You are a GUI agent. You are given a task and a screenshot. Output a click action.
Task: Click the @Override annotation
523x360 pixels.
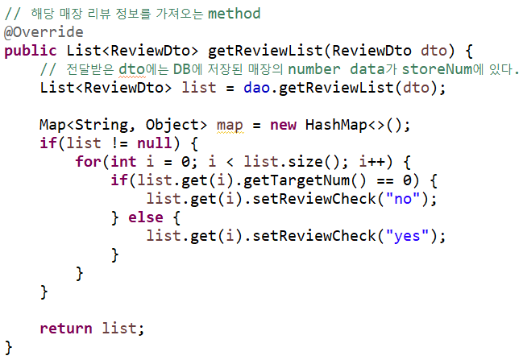click(x=44, y=32)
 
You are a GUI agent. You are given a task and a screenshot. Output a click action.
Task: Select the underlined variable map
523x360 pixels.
click(x=230, y=125)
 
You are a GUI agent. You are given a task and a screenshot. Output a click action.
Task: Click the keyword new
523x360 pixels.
click(x=284, y=125)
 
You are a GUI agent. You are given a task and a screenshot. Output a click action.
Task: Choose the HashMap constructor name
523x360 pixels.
click(x=336, y=125)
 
